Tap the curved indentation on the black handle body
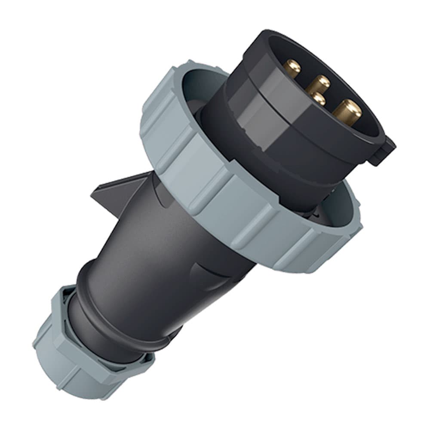206,275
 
